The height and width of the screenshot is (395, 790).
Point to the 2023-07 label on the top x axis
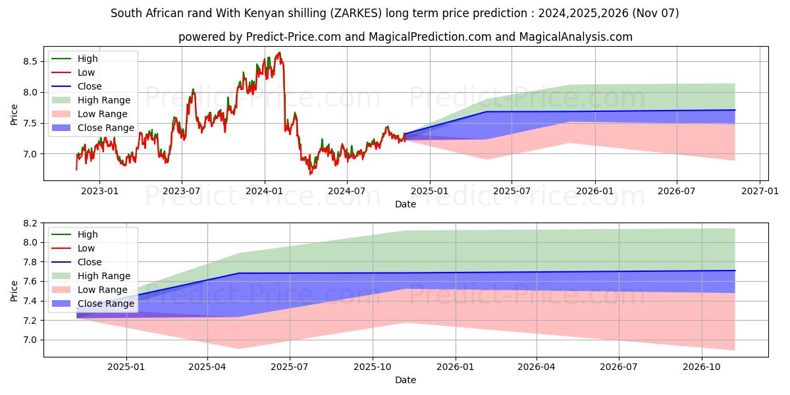pyautogui.click(x=182, y=191)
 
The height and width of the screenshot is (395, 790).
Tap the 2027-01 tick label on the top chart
pyautogui.click(x=760, y=191)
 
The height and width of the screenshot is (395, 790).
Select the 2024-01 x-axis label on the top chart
pyautogui.click(x=265, y=191)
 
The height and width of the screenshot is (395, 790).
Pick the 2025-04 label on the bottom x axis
pyautogui.click(x=207, y=367)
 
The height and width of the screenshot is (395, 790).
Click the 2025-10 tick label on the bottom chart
pyautogui.click(x=373, y=367)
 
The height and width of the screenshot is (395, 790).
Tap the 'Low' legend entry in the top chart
pyautogui.click(x=86, y=72)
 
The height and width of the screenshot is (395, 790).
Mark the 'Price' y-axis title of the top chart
pyautogui.click(x=14, y=113)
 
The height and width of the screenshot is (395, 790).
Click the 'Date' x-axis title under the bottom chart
pyautogui.click(x=406, y=380)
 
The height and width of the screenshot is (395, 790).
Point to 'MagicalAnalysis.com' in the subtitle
pyautogui.click(x=576, y=37)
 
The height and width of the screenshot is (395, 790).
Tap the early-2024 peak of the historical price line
pyautogui.click(x=279, y=53)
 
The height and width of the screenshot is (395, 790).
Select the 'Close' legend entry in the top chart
pyautogui.click(x=90, y=86)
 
